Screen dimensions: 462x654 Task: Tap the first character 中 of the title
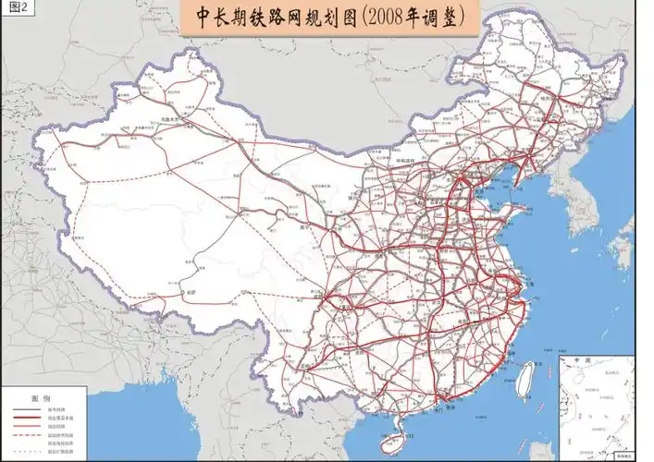206,18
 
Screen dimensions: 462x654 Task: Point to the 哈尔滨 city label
550,95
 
